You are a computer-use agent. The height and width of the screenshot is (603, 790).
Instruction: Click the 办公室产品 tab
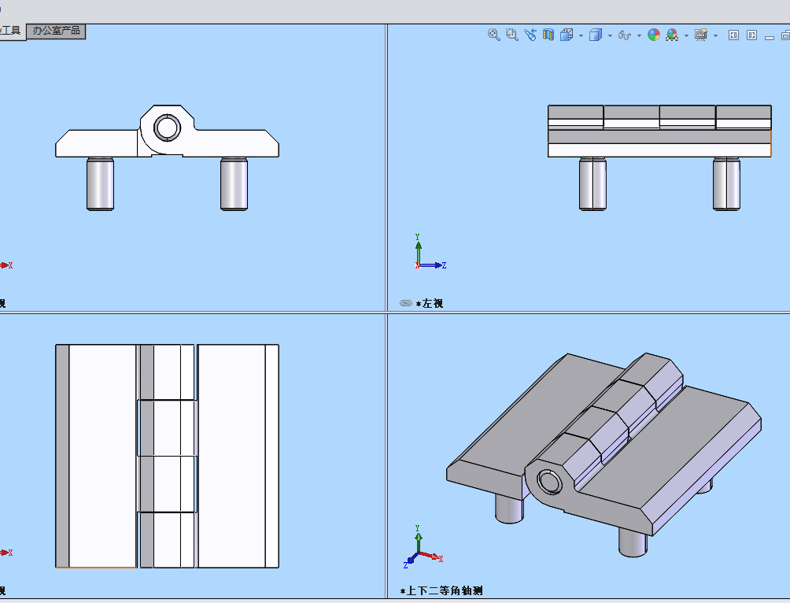tap(55, 31)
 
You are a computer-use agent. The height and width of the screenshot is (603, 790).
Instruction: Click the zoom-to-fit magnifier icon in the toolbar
tap(494, 35)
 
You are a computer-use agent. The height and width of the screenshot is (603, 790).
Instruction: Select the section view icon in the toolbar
tap(548, 35)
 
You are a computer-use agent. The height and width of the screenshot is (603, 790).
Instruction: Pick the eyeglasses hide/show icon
tap(625, 35)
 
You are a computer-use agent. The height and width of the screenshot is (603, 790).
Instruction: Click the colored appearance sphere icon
tap(654, 35)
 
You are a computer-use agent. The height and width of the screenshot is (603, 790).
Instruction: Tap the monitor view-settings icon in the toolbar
tap(701, 35)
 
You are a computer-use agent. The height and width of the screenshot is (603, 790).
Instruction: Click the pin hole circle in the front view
tap(166, 127)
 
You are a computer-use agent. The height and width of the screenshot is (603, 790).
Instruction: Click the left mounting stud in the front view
tap(100, 184)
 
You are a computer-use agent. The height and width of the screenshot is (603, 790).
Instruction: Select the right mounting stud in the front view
tap(234, 184)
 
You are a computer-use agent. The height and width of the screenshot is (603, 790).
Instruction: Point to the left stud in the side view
tap(592, 184)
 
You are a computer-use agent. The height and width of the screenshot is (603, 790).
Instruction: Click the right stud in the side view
tap(726, 184)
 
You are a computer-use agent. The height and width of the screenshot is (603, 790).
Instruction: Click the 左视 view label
tap(432, 303)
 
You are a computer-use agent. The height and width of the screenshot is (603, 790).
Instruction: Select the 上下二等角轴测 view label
tap(444, 590)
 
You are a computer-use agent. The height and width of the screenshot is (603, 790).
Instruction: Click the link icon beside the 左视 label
tap(405, 303)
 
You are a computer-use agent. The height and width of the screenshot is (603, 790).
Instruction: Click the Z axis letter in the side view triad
tap(444, 265)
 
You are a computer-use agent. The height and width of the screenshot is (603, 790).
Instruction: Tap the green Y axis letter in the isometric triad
tap(417, 527)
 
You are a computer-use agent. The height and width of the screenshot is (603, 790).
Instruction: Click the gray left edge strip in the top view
tap(62, 456)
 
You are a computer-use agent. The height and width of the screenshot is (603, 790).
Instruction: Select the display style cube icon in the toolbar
tap(596, 35)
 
